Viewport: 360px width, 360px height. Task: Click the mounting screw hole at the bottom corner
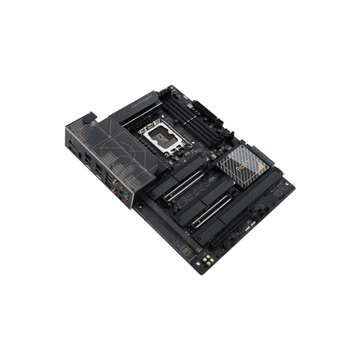tap(202, 269)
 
